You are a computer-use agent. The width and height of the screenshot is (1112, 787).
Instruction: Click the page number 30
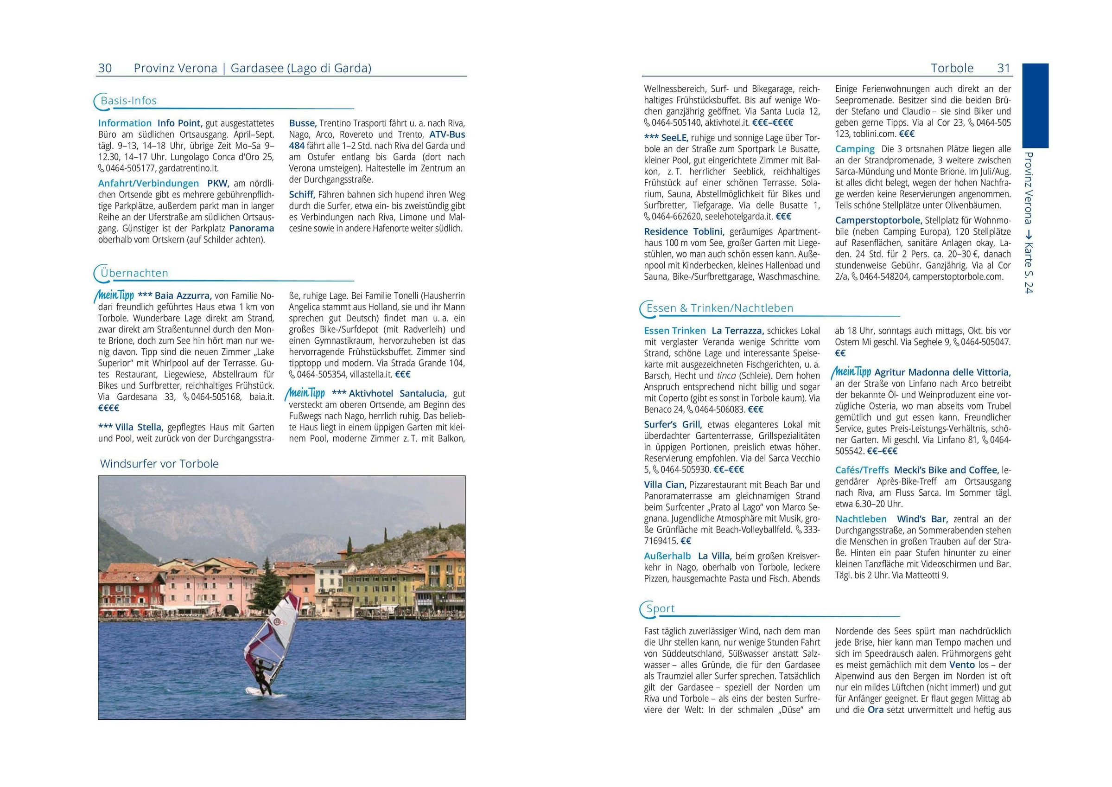click(105, 68)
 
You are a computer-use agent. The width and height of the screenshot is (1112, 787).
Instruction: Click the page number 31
click(1004, 68)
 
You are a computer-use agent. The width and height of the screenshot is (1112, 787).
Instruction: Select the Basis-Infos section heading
click(128, 101)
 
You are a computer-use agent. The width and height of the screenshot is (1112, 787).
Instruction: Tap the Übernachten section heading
click(134, 273)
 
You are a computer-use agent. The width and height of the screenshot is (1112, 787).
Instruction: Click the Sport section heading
click(660, 608)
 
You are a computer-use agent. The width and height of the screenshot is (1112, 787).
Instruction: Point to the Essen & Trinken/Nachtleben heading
click(720, 308)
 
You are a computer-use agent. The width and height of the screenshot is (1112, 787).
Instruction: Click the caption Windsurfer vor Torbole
click(159, 464)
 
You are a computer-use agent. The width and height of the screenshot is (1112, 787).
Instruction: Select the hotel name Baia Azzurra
click(183, 295)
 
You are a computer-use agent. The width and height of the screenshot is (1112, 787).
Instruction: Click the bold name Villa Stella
click(138, 428)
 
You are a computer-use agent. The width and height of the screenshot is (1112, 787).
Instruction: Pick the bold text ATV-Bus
click(447, 134)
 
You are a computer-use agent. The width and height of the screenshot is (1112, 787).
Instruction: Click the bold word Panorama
click(251, 228)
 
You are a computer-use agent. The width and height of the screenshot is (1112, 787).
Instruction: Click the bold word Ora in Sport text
click(876, 710)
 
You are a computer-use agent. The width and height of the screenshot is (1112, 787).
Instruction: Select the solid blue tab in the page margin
click(1035, 105)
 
